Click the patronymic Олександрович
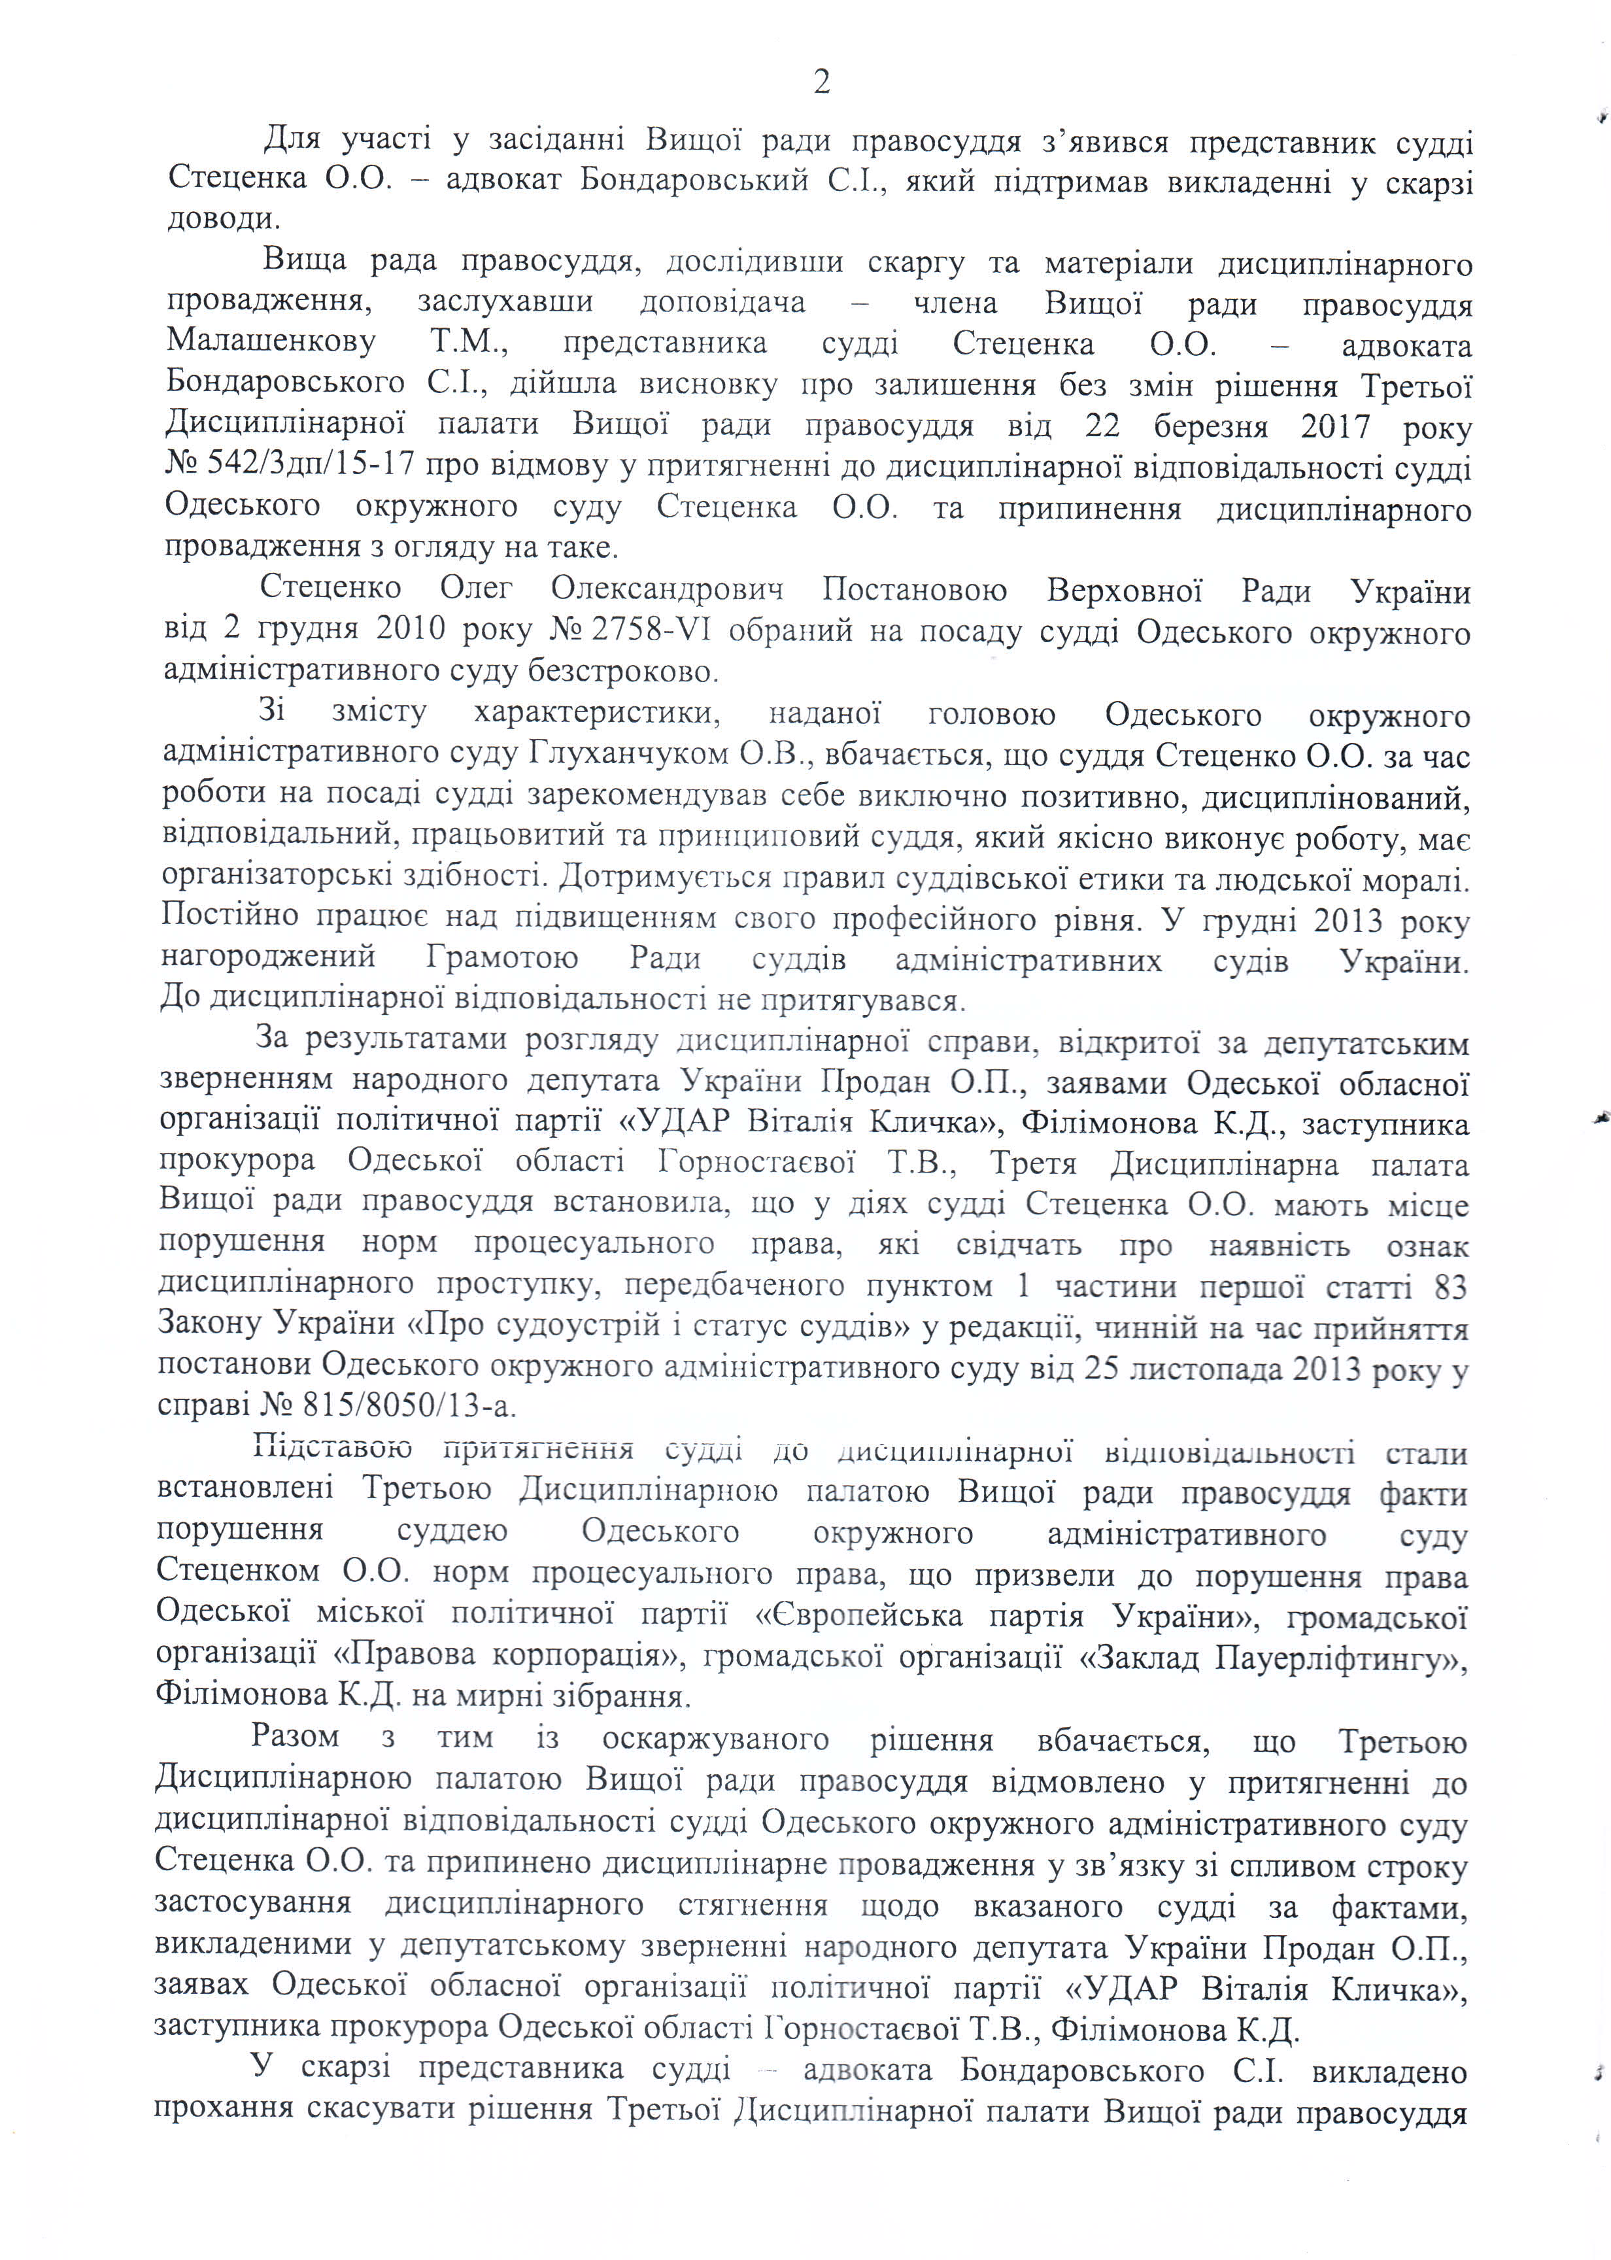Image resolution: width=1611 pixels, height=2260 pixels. pyautogui.click(x=668, y=589)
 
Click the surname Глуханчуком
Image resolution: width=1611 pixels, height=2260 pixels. pyautogui.click(x=625, y=756)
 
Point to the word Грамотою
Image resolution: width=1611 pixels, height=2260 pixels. pyautogui.click(x=502, y=959)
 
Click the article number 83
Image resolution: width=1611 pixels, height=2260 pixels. pyautogui.click(x=1450, y=1288)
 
